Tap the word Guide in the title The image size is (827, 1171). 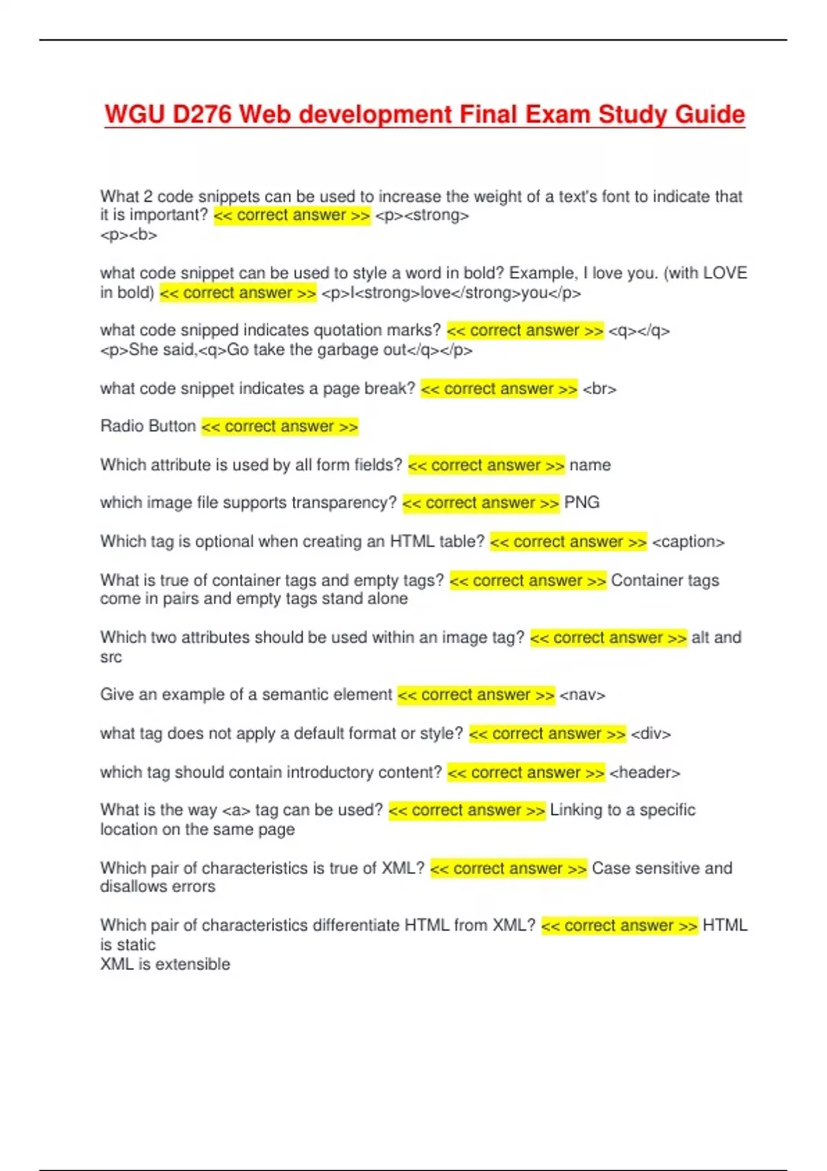coord(709,114)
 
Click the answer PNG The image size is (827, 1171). coord(582,503)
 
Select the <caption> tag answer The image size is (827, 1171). coord(688,542)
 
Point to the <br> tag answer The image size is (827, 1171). coord(600,389)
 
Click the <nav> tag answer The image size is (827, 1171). coord(582,695)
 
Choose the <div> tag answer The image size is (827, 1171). coord(651,734)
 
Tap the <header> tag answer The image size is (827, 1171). coord(644,773)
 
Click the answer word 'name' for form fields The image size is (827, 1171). coord(590,466)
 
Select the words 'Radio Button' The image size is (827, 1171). coord(148,426)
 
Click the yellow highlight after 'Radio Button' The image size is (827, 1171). coord(280,427)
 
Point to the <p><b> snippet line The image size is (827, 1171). coord(129,235)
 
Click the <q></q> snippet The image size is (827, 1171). coord(639,331)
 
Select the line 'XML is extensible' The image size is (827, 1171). coord(165,964)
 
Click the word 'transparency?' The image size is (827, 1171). coord(344,503)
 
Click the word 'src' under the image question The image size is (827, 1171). coord(111,657)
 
